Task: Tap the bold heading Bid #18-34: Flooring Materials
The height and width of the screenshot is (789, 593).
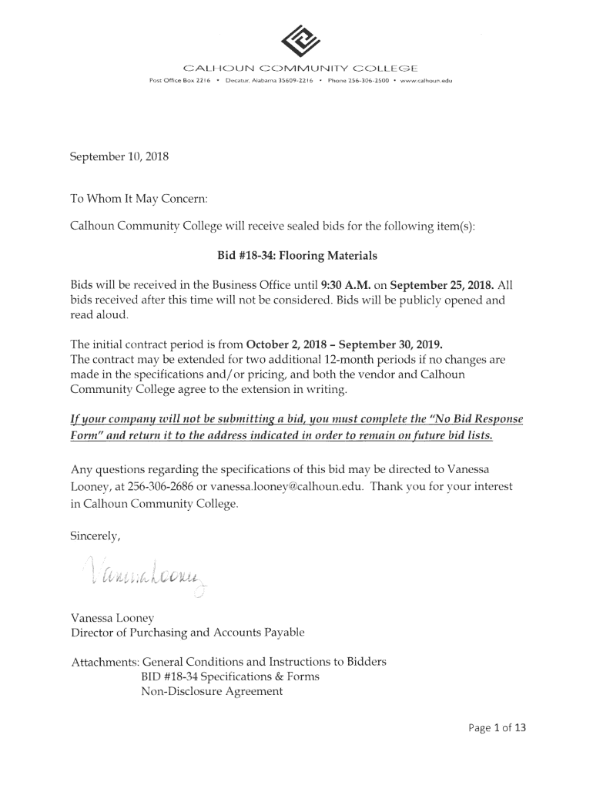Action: [x=296, y=254]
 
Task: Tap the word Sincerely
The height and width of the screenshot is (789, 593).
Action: [x=95, y=536]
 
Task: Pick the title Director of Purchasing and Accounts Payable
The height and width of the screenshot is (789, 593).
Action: [x=188, y=633]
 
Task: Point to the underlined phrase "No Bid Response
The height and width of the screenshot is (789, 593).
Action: [x=472, y=419]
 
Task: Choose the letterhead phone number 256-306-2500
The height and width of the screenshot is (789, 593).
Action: [x=366, y=80]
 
